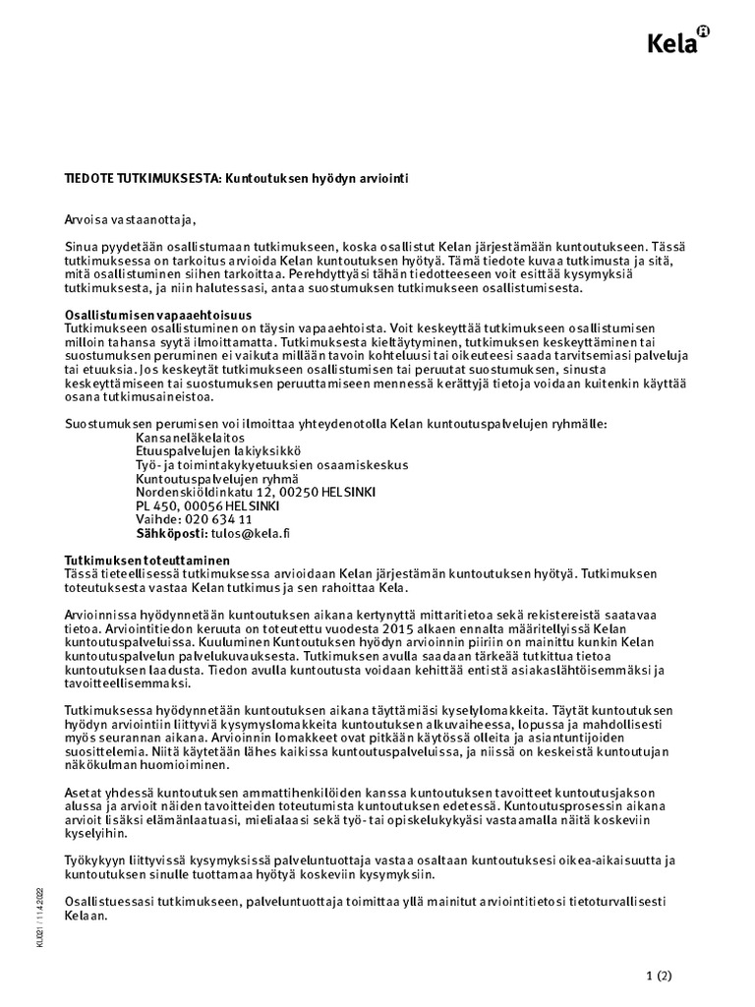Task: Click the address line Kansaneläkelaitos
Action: [x=190, y=437]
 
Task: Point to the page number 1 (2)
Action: [x=658, y=977]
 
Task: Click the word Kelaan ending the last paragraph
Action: [x=85, y=915]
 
